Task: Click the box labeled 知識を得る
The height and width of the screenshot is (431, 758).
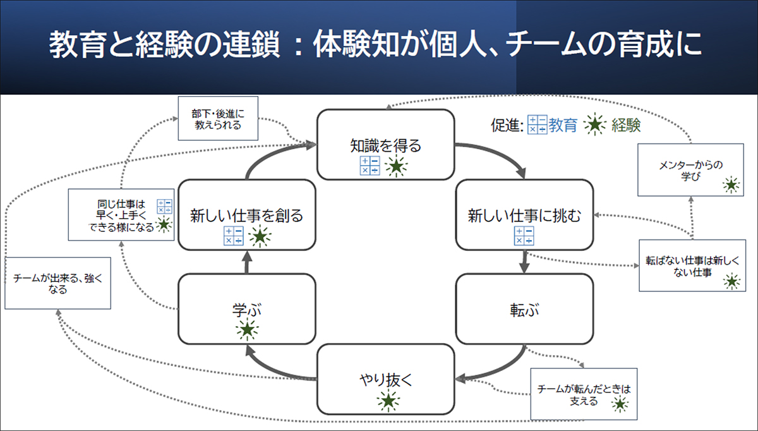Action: tap(385, 144)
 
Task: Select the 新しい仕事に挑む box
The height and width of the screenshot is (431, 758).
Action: tap(524, 215)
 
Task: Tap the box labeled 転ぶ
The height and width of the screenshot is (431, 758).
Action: tap(524, 310)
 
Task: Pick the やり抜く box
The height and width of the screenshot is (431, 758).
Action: tap(385, 379)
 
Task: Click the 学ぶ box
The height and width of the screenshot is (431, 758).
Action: tap(246, 310)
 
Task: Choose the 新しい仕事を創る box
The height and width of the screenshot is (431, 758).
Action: tap(246, 215)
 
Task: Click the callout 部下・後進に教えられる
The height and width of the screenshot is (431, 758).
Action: tap(217, 118)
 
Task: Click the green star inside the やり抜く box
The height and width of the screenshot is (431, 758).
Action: tap(388, 401)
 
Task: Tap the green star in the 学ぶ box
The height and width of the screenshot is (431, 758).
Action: tap(247, 329)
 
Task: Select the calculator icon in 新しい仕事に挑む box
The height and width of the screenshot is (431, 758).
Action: tap(524, 235)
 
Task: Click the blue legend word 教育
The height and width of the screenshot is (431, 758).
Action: tap(563, 126)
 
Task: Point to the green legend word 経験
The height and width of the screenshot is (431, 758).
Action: tap(626, 126)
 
